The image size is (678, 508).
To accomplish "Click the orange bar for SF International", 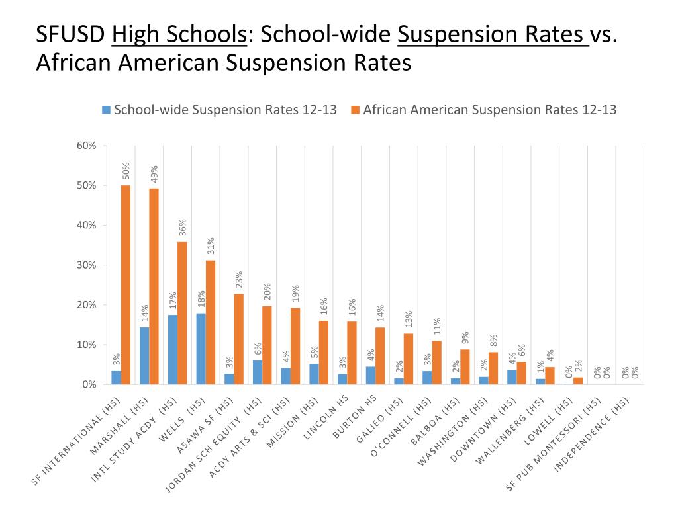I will point(126,284).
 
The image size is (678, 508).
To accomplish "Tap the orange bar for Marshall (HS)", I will point(154,286).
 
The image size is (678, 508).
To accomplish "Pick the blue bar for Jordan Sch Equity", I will point(258,372).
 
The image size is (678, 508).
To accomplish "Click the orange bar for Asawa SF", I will point(238,339).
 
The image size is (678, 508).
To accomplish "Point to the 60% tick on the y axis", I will point(87,146).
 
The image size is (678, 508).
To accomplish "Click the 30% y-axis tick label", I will point(87,265).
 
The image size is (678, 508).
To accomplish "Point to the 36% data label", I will point(182,228).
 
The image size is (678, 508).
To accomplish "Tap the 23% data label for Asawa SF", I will point(238,280).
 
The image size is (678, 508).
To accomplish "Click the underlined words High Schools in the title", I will point(179,34).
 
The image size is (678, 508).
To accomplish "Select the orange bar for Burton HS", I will point(380,356).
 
